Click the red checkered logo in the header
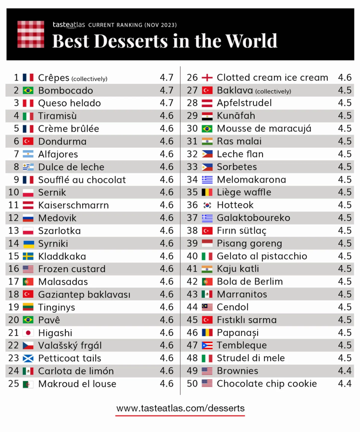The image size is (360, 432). click(31, 34)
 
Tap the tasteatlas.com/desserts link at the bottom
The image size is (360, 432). click(180, 408)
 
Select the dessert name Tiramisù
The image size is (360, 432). click(57, 116)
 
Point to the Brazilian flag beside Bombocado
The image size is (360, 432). click(28, 90)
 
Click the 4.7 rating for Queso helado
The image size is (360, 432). click(167, 103)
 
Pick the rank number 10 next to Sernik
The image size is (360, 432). click(13, 192)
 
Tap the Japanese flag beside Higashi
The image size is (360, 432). click(28, 333)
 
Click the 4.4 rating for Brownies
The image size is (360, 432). click(345, 371)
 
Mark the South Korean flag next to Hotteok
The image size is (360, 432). click(207, 205)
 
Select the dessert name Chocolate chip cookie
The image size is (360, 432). click(266, 383)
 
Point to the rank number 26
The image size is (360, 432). click(192, 78)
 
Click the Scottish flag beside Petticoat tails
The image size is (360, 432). click(28, 358)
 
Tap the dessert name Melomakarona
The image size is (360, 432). click(251, 180)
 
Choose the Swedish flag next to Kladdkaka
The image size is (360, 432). click(28, 256)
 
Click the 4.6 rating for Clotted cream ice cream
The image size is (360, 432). click(345, 78)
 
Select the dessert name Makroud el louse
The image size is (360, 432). click(77, 384)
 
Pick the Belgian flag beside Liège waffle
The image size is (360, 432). click(207, 192)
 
